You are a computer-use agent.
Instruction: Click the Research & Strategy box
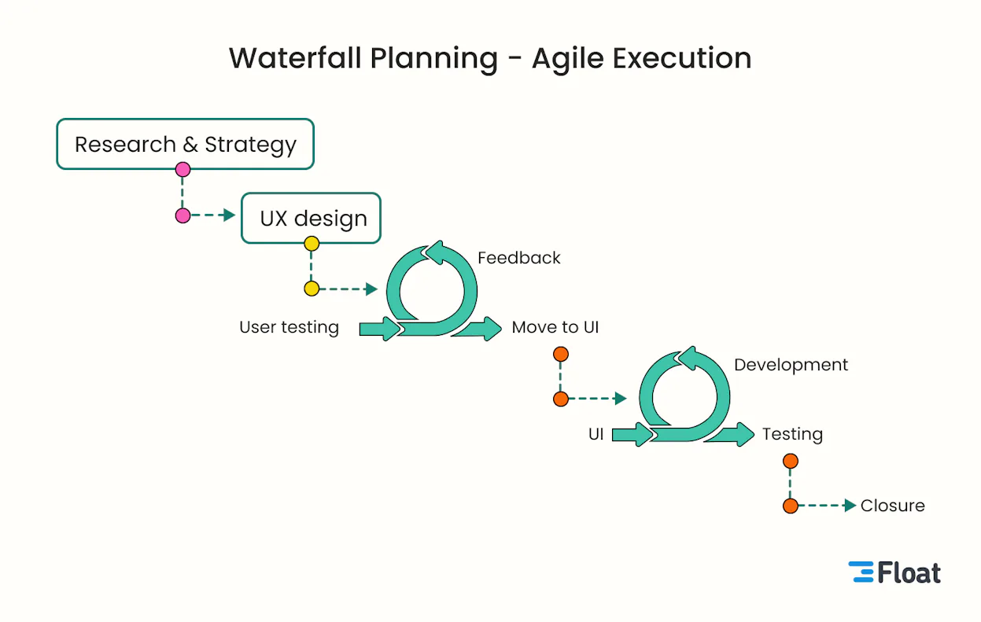[x=185, y=144]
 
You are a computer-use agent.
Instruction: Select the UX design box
[x=311, y=218]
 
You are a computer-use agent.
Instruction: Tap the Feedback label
[x=518, y=258]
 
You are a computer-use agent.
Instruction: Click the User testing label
[x=289, y=327]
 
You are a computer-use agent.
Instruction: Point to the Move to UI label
[x=555, y=327]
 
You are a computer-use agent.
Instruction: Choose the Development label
[x=791, y=365]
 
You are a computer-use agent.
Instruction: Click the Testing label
[x=791, y=434]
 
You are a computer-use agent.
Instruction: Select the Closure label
[x=892, y=506]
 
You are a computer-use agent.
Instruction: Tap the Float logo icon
[x=861, y=572]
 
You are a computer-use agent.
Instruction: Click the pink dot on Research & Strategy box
[x=183, y=169]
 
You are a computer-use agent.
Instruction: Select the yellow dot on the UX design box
[x=312, y=244]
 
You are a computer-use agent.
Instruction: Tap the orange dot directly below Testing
[x=791, y=461]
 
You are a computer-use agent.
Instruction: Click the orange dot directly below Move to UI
[x=560, y=355]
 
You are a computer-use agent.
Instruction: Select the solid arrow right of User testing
[x=380, y=328]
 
